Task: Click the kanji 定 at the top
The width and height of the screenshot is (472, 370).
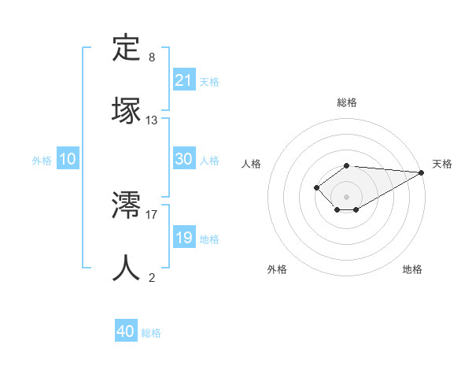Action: (127, 48)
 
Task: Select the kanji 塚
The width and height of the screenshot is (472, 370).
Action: (127, 109)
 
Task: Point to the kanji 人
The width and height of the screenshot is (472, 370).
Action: (127, 268)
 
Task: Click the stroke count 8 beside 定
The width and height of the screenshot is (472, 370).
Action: (152, 57)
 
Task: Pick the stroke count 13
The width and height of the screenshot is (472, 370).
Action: (152, 120)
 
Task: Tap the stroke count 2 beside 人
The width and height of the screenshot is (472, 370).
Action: (152, 277)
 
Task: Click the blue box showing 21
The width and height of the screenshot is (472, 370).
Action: (184, 80)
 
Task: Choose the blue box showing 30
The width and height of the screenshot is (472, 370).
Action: (184, 159)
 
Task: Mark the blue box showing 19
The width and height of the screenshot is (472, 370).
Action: (184, 238)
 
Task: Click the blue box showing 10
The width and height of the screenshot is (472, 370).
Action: (68, 159)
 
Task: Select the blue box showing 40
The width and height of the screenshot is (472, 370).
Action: (126, 332)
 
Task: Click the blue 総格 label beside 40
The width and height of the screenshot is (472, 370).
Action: (151, 333)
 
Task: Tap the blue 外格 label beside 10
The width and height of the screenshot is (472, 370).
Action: (42, 161)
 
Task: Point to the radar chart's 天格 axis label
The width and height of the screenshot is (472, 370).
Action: (442, 164)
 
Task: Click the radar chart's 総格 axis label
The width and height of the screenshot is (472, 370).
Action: (347, 102)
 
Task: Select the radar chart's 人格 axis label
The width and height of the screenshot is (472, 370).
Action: (252, 164)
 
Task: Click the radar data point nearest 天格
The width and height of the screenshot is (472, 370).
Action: (422, 172)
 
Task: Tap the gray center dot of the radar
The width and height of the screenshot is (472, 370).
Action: (347, 197)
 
